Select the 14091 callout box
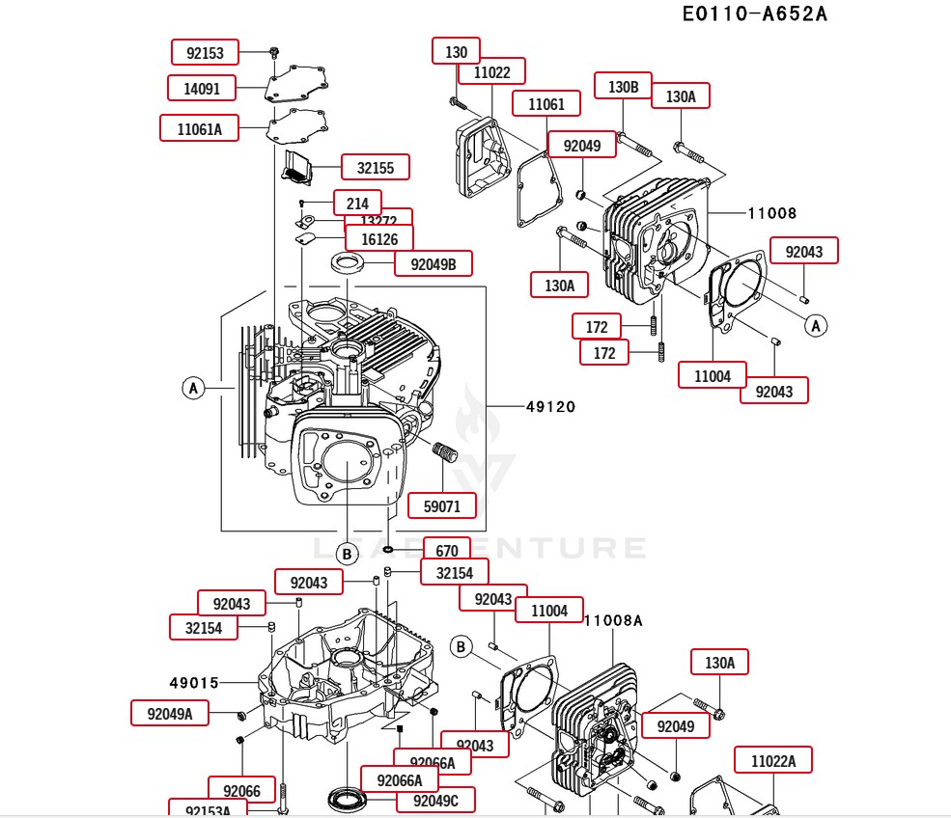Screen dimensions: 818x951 (x=203, y=89)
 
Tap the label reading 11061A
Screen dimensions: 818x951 (x=199, y=128)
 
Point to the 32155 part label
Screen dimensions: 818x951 (x=375, y=167)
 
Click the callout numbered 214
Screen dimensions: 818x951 (x=357, y=204)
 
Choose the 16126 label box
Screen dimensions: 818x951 (x=378, y=238)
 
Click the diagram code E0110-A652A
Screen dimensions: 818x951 (x=755, y=14)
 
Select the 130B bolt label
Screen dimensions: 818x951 (x=623, y=87)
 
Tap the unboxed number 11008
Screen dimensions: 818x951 (x=771, y=213)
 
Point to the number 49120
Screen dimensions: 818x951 (x=550, y=407)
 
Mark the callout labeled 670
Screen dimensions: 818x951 (x=446, y=551)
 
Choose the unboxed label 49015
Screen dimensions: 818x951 (x=194, y=683)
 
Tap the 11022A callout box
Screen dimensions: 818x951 (x=772, y=761)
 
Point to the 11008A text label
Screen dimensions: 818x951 (x=613, y=620)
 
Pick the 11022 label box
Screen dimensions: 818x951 (x=490, y=71)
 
